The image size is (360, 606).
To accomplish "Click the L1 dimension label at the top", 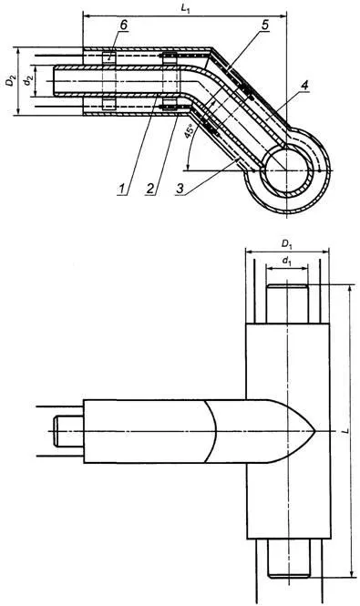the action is [185, 8].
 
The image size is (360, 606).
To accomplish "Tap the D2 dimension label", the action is [13, 82].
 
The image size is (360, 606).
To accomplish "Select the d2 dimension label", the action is [26, 82].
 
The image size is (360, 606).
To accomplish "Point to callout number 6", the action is [123, 26].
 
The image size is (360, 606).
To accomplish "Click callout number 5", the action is [265, 26].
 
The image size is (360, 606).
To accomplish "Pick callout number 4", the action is [305, 86].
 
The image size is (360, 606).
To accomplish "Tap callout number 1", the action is [122, 189].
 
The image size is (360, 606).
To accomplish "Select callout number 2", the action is [150, 189].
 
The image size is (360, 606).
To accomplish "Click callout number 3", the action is [180, 189].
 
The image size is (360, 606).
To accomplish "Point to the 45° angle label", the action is [189, 132].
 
